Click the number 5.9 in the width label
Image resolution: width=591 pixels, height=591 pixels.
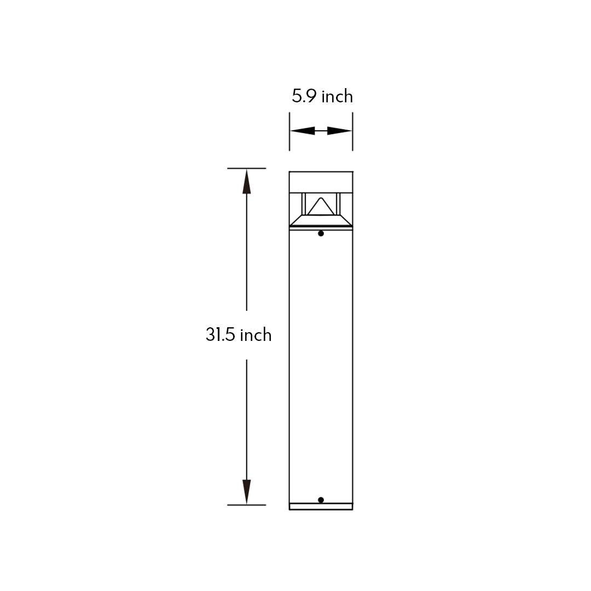[x=304, y=96]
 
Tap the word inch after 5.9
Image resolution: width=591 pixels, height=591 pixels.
[x=337, y=96]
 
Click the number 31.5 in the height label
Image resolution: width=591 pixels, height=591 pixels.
[x=221, y=334]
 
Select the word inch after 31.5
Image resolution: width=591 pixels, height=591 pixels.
[x=256, y=334]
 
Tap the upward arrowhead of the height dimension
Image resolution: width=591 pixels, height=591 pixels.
[x=247, y=182]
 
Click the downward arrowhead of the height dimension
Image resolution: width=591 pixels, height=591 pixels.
[x=247, y=491]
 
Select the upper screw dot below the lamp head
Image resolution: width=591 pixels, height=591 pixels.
[x=321, y=234]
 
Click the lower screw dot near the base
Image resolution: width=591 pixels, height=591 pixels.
[x=321, y=500]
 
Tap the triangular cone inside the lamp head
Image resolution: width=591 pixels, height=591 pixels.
[x=321, y=207]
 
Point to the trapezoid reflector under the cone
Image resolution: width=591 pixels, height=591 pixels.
[x=321, y=220]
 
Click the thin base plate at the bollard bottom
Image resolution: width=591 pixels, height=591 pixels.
[x=321, y=507]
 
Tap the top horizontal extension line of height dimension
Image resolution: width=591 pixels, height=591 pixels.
[x=247, y=168]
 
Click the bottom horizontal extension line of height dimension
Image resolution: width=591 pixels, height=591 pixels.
[x=247, y=505]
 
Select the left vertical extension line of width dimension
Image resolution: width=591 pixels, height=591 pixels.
[x=289, y=131]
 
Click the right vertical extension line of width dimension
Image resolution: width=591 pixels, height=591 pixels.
[x=352, y=131]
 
